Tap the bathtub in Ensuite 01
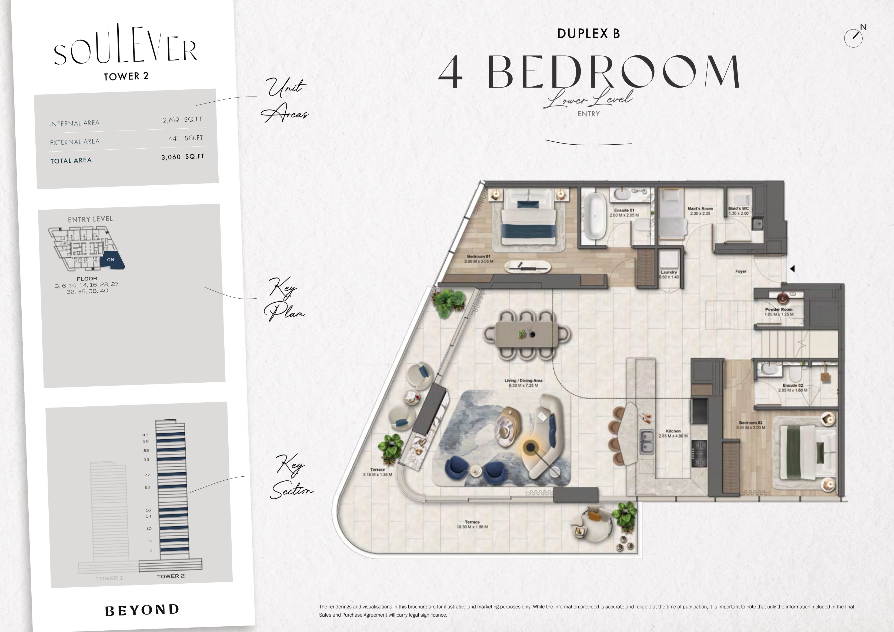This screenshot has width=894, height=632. coord(595,216)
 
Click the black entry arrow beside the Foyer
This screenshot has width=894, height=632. coord(792,268)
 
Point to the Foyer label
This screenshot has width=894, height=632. coord(740,271)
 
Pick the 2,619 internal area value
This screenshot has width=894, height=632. coord(171,120)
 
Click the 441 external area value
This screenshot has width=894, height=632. coord(174,138)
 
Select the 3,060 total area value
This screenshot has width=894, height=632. coord(171,157)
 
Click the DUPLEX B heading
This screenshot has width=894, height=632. coord(588,34)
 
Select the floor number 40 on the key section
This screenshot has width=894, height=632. coord(145,435)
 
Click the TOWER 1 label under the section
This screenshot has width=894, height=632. coord(109,578)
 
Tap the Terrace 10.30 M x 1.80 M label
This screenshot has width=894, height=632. coord(472,524)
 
